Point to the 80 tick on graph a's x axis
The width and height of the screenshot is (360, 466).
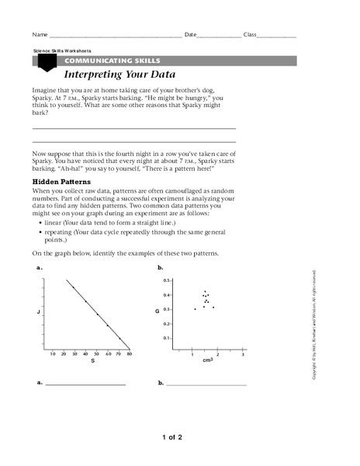pos(130,354)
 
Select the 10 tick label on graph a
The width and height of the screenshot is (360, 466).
pos(53,354)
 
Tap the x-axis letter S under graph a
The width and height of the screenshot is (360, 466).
pos(92,361)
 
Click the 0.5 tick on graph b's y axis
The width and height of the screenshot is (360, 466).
pos(166,280)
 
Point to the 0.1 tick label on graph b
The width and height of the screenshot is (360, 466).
pos(166,338)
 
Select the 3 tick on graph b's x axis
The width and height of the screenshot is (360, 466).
pos(242,354)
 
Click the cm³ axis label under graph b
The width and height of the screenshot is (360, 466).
pos(208,361)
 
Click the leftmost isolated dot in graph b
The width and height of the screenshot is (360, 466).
pos(195,309)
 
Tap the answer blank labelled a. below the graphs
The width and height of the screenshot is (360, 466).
pos(85,384)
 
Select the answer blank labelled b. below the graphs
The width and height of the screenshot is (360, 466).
pos(206,384)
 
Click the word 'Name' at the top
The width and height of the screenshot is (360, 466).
pos(40,36)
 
